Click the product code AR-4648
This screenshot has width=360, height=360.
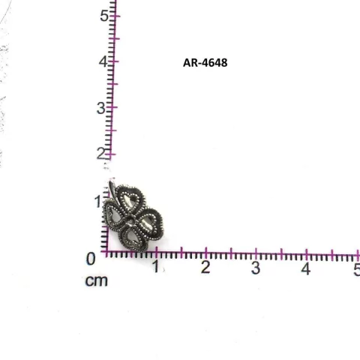coord(204,63)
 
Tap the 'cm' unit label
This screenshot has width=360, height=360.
coord(96,281)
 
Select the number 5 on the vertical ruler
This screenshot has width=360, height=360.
coord(103,15)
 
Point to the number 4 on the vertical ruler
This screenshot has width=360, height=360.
coord(103,61)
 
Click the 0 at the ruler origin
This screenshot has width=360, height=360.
coord(91,259)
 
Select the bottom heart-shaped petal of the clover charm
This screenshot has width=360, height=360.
coord(135,238)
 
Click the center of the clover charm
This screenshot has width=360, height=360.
coord(133,219)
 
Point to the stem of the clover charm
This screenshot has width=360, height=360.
coord(110,187)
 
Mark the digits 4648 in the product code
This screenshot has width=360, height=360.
coord(213,63)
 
